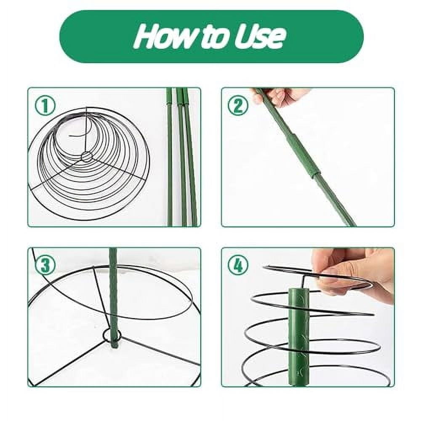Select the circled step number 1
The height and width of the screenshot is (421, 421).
(45, 106)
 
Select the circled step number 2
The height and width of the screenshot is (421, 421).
(238, 106)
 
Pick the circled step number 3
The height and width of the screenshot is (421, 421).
(45, 266)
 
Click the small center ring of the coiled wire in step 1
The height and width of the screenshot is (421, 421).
(87, 157)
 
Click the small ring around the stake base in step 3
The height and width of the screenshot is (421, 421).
(112, 336)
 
